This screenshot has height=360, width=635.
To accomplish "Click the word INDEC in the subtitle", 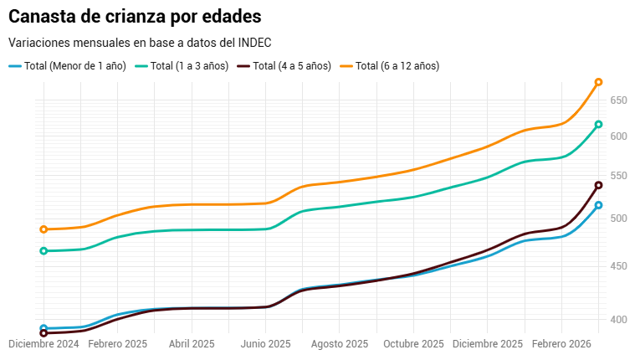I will point(254,43).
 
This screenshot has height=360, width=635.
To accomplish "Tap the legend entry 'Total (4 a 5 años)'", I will point(292,66).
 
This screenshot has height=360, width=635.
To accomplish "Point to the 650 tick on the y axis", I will point(618,100).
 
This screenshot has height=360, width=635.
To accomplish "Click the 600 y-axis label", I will point(618,136).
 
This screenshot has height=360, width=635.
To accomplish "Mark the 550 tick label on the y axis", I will point(618,177).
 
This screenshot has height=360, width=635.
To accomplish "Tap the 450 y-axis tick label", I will point(618,266).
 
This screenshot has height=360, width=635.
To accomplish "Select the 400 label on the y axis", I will point(618,320).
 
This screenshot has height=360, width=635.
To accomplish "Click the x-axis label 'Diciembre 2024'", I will point(44,344).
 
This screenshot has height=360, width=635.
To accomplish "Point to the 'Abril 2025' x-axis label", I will point(192,344).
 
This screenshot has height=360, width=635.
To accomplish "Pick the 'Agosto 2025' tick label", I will point(341,344).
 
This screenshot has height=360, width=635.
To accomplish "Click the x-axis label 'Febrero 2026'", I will point(562,344).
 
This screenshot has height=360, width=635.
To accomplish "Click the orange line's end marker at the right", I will point(598,82).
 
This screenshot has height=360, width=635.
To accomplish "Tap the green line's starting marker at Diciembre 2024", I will point(44,251).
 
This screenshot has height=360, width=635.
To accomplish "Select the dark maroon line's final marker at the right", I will point(598,185).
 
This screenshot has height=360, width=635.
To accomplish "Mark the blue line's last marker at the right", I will point(598,205).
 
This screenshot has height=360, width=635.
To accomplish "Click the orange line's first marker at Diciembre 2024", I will point(44,229).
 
